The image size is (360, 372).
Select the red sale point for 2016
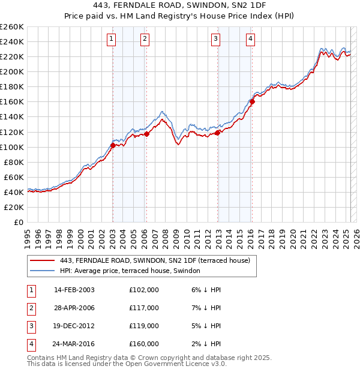pyautogui.click(x=253, y=101)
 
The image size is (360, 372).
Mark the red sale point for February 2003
pyautogui.click(x=113, y=145)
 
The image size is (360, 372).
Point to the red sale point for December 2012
pyautogui.click(x=218, y=133)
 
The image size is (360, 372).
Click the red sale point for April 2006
pyautogui.click(x=147, y=134)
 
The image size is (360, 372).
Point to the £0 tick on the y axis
pyautogui.click(x=19, y=222)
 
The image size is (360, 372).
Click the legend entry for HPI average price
pyautogui.click(x=130, y=271)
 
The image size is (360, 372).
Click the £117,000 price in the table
pyautogui.click(x=144, y=308)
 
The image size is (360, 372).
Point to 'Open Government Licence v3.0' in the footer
pyautogui.click(x=180, y=364)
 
